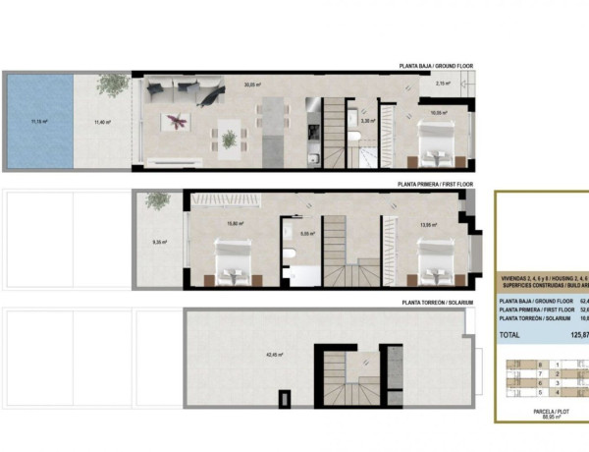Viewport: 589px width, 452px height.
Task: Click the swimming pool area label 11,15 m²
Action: click(39, 122)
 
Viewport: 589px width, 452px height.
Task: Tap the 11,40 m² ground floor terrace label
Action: click(100, 122)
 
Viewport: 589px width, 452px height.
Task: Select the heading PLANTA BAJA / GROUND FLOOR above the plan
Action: click(436, 66)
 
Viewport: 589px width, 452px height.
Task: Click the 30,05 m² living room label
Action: click(253, 85)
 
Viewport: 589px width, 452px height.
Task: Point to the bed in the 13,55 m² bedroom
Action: click(431, 267)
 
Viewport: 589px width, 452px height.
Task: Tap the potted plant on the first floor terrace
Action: click(157, 201)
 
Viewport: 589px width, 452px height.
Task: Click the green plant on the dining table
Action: click(229, 139)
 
